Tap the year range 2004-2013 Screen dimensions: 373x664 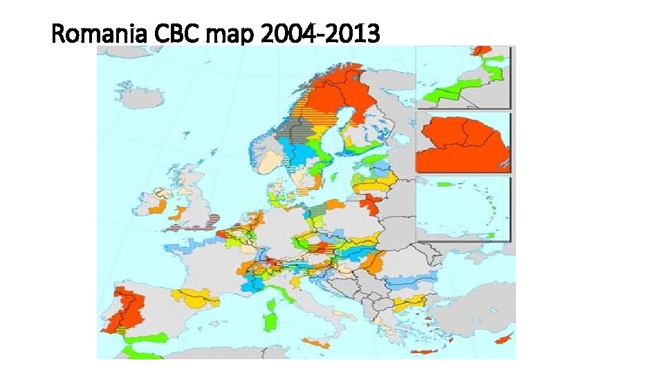[321, 33]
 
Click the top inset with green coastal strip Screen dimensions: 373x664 [462, 77]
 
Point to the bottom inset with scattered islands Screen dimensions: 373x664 [462, 209]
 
